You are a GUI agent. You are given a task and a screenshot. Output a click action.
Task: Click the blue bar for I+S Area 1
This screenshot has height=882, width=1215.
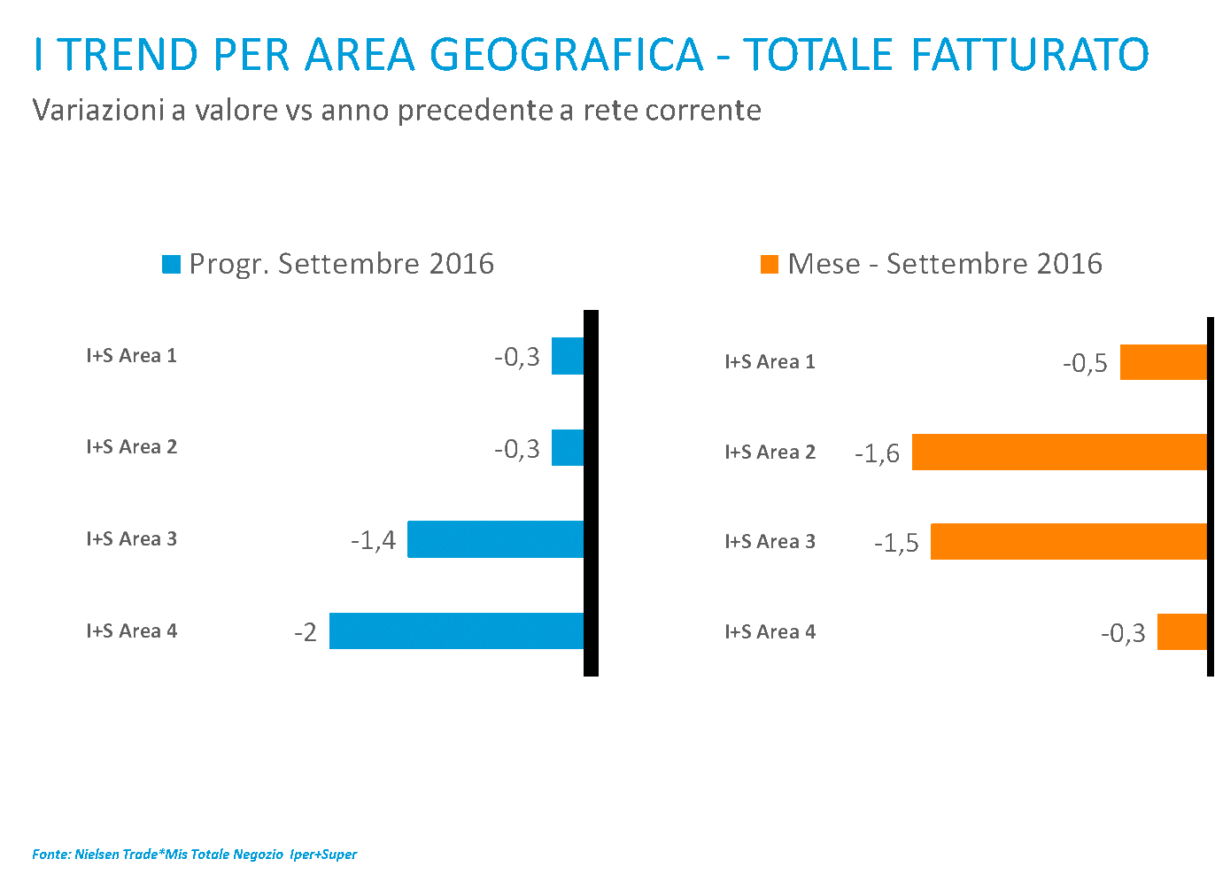(x=568, y=356)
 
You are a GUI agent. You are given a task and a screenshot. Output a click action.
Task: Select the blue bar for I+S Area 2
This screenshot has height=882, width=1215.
(x=568, y=447)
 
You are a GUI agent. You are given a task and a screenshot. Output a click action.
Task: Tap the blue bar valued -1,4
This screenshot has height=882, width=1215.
(x=495, y=539)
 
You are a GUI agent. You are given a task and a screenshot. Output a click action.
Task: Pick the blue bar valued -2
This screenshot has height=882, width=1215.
(x=456, y=631)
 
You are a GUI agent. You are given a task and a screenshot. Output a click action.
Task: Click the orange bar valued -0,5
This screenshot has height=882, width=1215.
(x=1163, y=362)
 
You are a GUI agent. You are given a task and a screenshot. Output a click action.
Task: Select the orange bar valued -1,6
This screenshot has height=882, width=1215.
(x=1059, y=452)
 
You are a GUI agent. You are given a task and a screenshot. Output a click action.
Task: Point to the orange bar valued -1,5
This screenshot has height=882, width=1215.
(x=1068, y=541)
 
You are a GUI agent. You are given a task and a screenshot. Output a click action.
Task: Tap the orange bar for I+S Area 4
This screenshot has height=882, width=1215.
(x=1181, y=631)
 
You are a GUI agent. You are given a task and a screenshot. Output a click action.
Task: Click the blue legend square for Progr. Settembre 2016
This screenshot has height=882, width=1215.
(x=172, y=264)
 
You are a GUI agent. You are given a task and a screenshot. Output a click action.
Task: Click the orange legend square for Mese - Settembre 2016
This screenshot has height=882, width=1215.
(x=770, y=264)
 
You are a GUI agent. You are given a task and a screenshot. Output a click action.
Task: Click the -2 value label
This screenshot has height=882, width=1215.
(x=306, y=632)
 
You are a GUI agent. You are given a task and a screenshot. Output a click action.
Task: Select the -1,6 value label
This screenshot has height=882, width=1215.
(x=878, y=454)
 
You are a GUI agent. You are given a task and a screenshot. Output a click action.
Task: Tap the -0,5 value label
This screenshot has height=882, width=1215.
(x=1086, y=363)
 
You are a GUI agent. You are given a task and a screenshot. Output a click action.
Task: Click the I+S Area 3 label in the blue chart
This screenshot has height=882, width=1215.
(x=132, y=538)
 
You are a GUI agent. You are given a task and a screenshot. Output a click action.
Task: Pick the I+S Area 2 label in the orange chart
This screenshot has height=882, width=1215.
(x=770, y=453)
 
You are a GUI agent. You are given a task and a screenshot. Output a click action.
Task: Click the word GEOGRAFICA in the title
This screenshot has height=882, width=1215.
(x=567, y=55)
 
